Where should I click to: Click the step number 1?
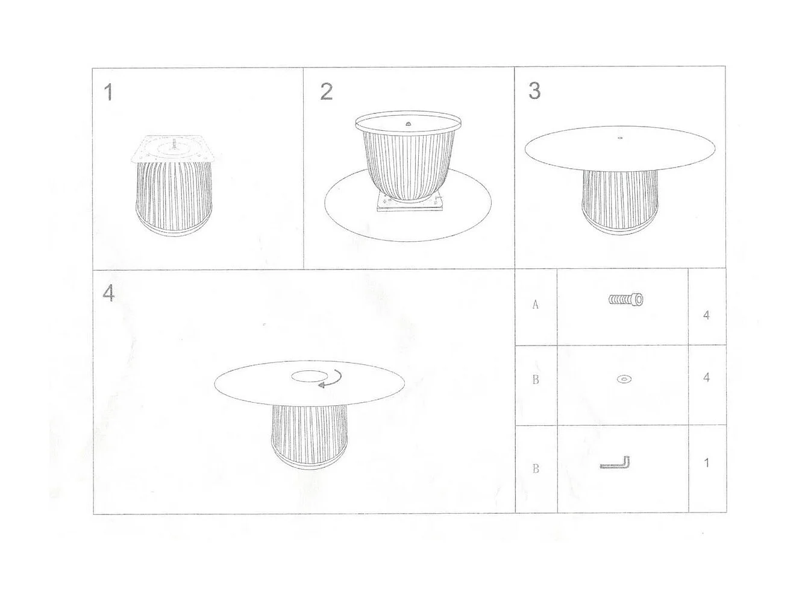point(108,92)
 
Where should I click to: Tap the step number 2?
point(326,92)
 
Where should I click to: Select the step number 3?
point(534,90)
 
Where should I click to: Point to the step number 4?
point(108,293)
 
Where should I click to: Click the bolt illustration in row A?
point(625,299)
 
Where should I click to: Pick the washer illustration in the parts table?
point(624,379)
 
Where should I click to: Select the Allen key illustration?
point(615,464)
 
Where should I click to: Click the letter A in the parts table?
point(535,305)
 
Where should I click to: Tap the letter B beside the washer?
point(536,380)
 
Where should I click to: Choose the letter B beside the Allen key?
point(536,469)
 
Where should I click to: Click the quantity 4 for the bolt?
point(706,315)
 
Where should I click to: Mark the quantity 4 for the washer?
point(706,377)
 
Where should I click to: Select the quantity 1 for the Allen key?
point(706,463)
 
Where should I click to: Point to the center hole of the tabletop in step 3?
point(620,138)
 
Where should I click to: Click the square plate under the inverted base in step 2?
point(409,205)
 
